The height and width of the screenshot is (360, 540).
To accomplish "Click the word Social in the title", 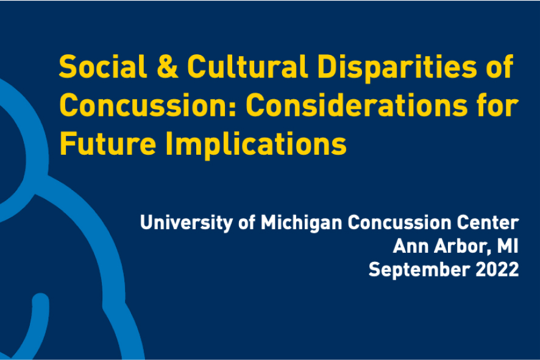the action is click(x=103, y=66).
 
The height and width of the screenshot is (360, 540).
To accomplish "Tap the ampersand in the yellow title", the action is click(x=168, y=66).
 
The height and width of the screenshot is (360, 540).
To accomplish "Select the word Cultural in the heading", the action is click(x=247, y=66).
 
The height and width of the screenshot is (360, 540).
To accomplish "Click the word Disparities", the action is click(x=397, y=68).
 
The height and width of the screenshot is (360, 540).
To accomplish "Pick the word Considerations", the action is click(x=357, y=105).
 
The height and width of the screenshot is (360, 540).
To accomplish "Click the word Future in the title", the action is click(x=107, y=144).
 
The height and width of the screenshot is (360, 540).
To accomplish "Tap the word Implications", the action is click(x=256, y=144).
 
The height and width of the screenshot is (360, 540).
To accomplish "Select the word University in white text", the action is click(x=187, y=223).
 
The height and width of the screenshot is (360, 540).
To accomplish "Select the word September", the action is click(x=419, y=270).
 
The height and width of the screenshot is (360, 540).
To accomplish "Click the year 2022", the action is click(x=497, y=269).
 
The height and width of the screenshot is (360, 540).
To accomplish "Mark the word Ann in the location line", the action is click(x=411, y=246).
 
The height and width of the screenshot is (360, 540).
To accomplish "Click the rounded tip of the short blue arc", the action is click(x=40, y=300).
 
